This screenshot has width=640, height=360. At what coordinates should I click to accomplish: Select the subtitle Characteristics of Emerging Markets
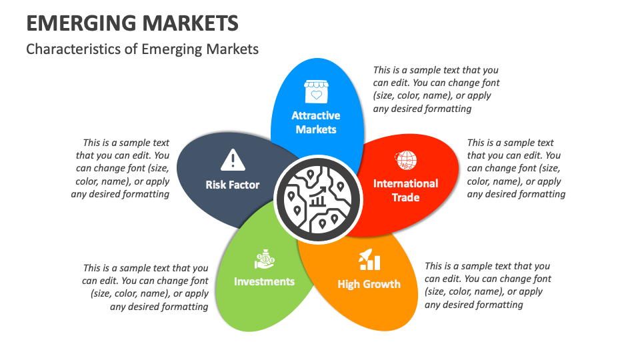coord(142,49)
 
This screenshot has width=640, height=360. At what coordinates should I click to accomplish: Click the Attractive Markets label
coord(316,123)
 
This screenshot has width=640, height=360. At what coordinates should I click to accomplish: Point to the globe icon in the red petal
coord(406,160)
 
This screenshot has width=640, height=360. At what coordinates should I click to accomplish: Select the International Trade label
coord(405,190)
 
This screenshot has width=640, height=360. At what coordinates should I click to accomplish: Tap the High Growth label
coord(369,284)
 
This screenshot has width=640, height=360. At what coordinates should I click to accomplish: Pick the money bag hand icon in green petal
coord(264,259)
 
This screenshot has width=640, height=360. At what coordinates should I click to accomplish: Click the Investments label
coord(264,281)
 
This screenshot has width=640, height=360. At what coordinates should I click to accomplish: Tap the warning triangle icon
coord(232,159)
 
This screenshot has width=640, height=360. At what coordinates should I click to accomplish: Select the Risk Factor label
coord(232,185)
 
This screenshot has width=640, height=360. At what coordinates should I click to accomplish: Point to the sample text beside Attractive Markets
coord(436,89)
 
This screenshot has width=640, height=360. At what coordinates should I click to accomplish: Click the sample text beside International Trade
coord(516,168)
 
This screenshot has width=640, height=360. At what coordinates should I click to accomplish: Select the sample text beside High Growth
coord(488,285)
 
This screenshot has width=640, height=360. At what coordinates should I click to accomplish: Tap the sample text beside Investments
coord(145,287)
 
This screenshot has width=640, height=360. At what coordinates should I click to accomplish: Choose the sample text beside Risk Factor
coord(121,168)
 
